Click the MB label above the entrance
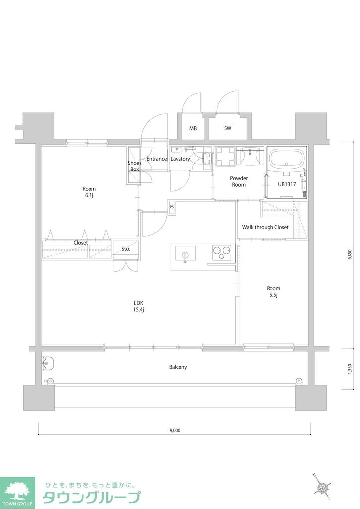pyautogui.click(x=193, y=128)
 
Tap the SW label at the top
pyautogui.click(x=227, y=128)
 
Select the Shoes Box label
pyautogui.click(x=134, y=166)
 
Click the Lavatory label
pyautogui.click(x=180, y=159)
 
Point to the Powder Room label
pyautogui.click(x=239, y=181)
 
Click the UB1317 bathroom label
pyautogui.click(x=287, y=184)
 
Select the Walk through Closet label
pyautogui.click(x=265, y=227)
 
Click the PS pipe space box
pyautogui.click(x=172, y=208)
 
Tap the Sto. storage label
pyautogui.click(x=126, y=249)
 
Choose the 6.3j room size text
pyautogui.click(x=89, y=195)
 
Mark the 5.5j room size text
pyautogui.click(x=273, y=295)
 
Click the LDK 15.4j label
pyautogui.click(x=138, y=306)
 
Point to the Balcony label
pyautogui.click(x=178, y=367)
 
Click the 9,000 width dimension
pyautogui.click(x=174, y=430)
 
